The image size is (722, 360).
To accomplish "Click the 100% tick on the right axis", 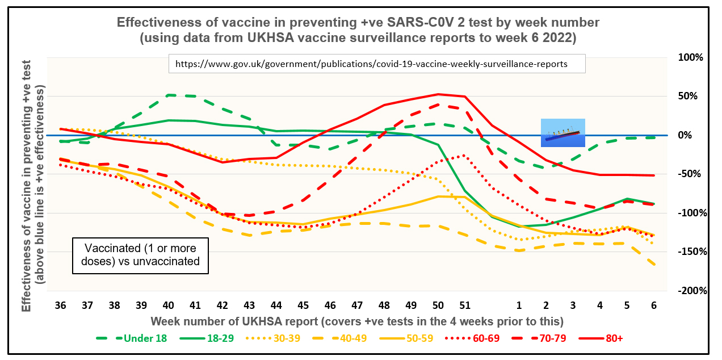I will (x=691, y=57).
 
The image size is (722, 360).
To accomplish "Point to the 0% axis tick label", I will (x=696, y=135).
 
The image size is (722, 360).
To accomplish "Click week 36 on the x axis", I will (x=60, y=305).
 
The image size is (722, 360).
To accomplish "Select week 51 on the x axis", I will (x=464, y=305).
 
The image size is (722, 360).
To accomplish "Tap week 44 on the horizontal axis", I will (x=276, y=305).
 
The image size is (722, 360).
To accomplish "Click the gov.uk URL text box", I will (x=376, y=64).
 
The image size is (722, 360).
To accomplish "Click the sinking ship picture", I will (x=563, y=133).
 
